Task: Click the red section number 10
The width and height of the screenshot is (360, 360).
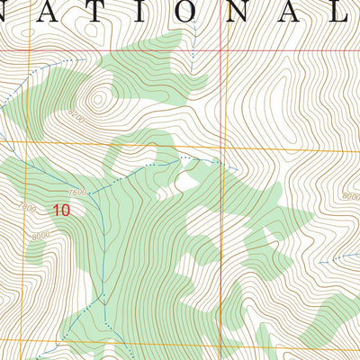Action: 61,211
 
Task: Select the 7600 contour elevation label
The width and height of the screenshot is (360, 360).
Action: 76,193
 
